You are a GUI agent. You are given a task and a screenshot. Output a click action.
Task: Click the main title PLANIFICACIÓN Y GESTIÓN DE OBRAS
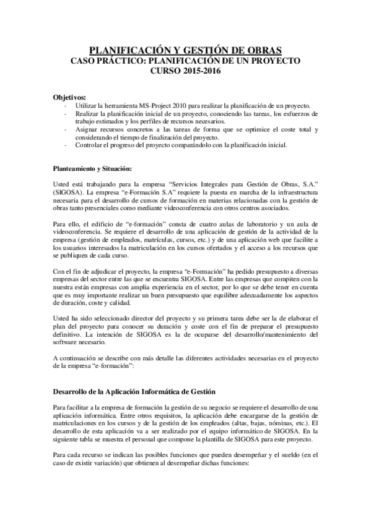185,50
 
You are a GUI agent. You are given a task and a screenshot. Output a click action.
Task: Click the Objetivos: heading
69,98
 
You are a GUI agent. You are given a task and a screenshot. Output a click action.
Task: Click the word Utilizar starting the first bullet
86,106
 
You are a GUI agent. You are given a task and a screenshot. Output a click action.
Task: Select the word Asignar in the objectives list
87,130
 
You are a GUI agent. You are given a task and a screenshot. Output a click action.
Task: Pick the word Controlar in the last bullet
89,146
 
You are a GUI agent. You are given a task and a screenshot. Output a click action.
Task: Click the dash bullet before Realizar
66,115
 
